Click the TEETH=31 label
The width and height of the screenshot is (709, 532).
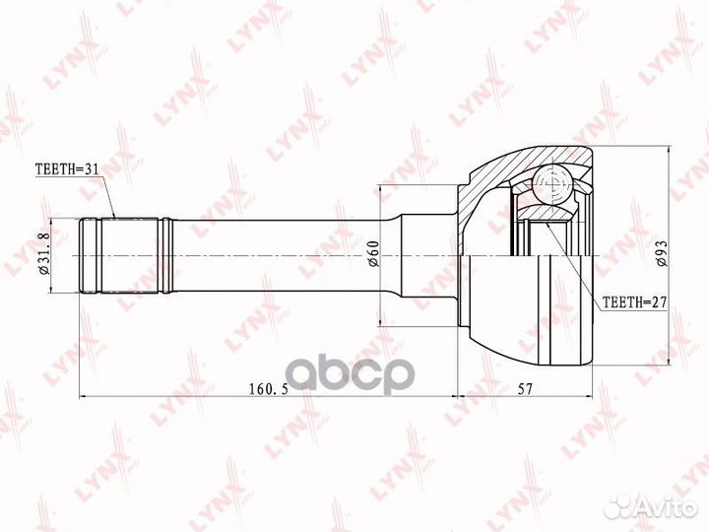(68, 169)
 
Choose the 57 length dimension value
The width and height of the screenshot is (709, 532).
(524, 388)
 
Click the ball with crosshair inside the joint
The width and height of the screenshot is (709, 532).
(554, 186)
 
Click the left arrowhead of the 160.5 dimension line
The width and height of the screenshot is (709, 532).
(81, 398)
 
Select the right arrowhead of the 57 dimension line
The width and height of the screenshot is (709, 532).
(592, 398)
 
